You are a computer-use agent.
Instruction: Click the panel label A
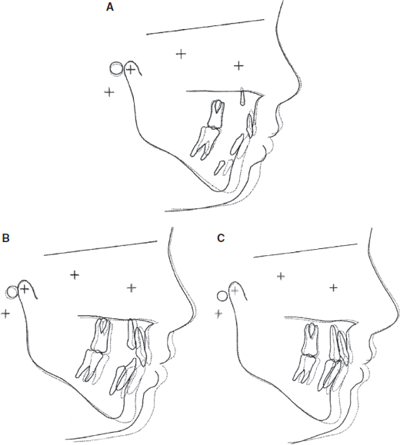point(110,7)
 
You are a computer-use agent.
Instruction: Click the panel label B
point(5,237)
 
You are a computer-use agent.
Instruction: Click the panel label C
point(221,237)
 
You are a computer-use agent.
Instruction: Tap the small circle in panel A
point(116,68)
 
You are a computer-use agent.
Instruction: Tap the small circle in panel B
point(12,292)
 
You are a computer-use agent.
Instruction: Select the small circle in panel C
point(222,296)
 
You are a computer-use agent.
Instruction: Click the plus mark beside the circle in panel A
point(131,69)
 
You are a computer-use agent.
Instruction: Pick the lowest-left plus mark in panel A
point(109,92)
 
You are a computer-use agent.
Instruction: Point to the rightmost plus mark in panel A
point(239,66)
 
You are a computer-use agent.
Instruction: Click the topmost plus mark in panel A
point(181,54)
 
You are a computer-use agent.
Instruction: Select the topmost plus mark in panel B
point(75,274)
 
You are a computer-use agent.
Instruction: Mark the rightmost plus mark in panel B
point(132,288)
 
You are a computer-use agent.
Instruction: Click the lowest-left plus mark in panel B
point(5,314)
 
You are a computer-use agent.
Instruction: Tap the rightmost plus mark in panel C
point(334,287)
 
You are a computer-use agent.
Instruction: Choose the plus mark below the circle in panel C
point(218,314)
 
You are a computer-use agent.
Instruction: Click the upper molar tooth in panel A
point(216,114)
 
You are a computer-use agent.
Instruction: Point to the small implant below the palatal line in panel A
point(242,98)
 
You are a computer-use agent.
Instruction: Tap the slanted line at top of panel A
point(205,27)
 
